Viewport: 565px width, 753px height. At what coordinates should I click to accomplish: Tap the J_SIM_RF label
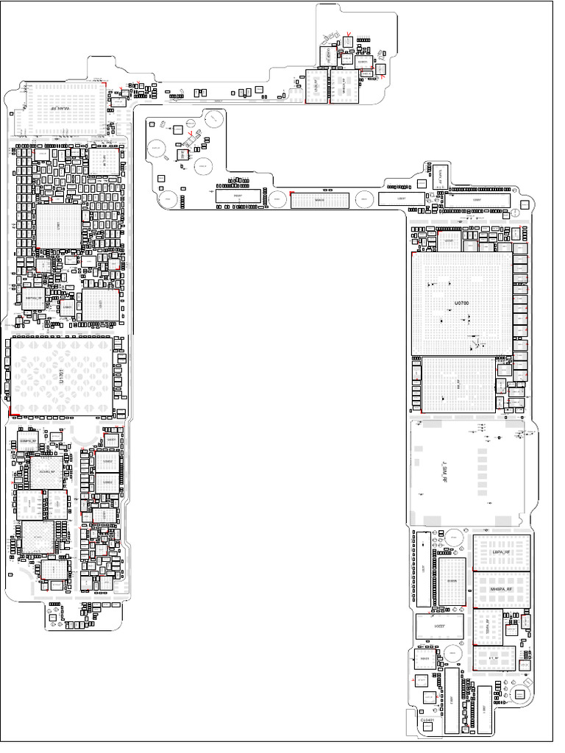click(443, 470)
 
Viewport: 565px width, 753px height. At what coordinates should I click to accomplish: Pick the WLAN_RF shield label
click(62, 109)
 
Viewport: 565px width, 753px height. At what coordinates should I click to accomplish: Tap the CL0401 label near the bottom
click(428, 721)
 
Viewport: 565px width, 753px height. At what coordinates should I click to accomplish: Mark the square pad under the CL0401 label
click(427, 730)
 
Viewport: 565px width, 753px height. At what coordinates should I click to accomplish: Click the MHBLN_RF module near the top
click(340, 88)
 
